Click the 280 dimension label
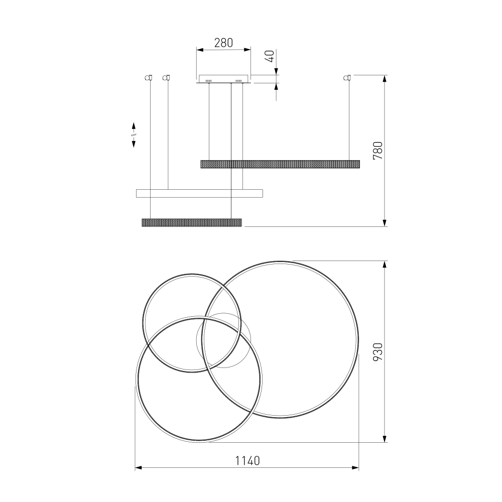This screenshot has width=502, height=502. tap(223, 43)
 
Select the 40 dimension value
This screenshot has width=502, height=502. tap(270, 56)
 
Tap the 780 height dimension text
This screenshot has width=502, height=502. tap(378, 151)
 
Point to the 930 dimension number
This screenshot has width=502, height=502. tap(378, 352)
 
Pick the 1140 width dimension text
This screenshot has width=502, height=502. tap(247, 461)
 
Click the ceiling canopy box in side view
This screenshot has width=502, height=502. tap(223, 79)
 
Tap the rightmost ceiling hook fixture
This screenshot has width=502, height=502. tap(347, 77)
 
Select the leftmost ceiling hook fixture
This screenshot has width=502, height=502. tap(148, 77)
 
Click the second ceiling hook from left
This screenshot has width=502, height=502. tap(166, 77)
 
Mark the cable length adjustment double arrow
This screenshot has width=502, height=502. tap(134, 135)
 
